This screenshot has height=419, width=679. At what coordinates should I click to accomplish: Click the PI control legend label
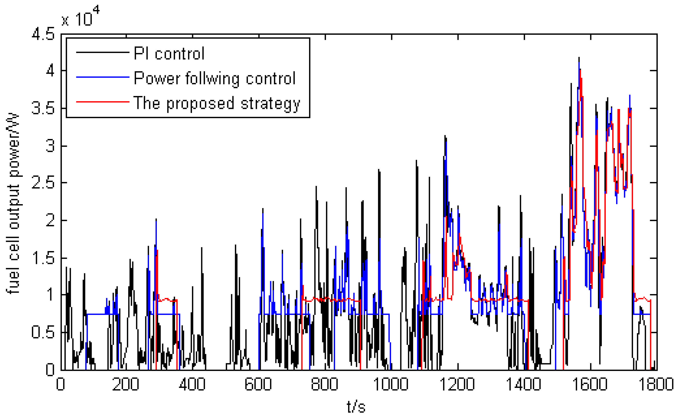click(x=169, y=53)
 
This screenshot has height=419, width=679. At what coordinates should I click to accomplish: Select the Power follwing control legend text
click(x=215, y=79)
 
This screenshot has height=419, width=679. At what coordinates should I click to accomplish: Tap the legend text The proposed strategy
click(x=217, y=103)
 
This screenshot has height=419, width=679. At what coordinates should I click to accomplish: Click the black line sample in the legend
click(x=103, y=52)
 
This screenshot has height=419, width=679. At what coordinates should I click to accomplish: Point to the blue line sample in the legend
click(x=103, y=77)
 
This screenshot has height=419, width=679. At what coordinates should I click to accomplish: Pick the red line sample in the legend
click(x=103, y=102)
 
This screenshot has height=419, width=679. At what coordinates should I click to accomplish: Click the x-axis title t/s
click(x=356, y=407)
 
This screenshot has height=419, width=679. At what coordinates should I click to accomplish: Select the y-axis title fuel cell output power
click(x=13, y=203)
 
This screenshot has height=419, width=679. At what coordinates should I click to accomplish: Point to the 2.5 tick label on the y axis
click(x=43, y=183)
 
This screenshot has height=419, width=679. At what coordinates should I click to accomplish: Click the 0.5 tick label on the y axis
click(x=43, y=332)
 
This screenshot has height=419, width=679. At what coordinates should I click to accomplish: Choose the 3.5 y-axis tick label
click(x=43, y=108)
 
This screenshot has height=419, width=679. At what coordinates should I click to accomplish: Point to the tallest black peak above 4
click(x=579, y=58)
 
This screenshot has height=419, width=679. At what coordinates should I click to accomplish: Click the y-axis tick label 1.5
click(x=43, y=258)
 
